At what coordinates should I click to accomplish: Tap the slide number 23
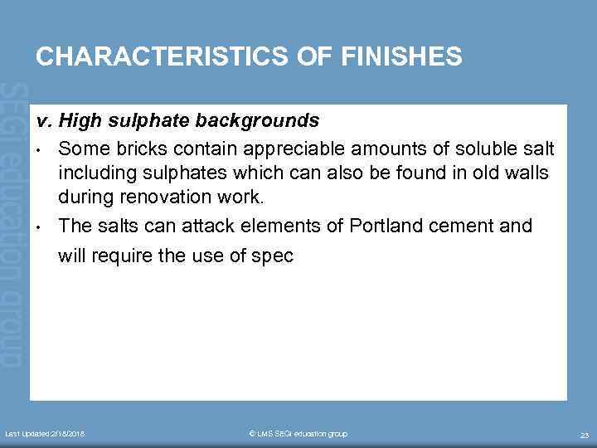pyautogui.click(x=584, y=435)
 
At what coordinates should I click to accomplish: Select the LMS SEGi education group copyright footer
pyautogui.click(x=298, y=434)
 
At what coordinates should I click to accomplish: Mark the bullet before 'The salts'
pyautogui.click(x=40, y=226)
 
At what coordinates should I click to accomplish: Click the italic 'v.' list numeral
pyautogui.click(x=45, y=121)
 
